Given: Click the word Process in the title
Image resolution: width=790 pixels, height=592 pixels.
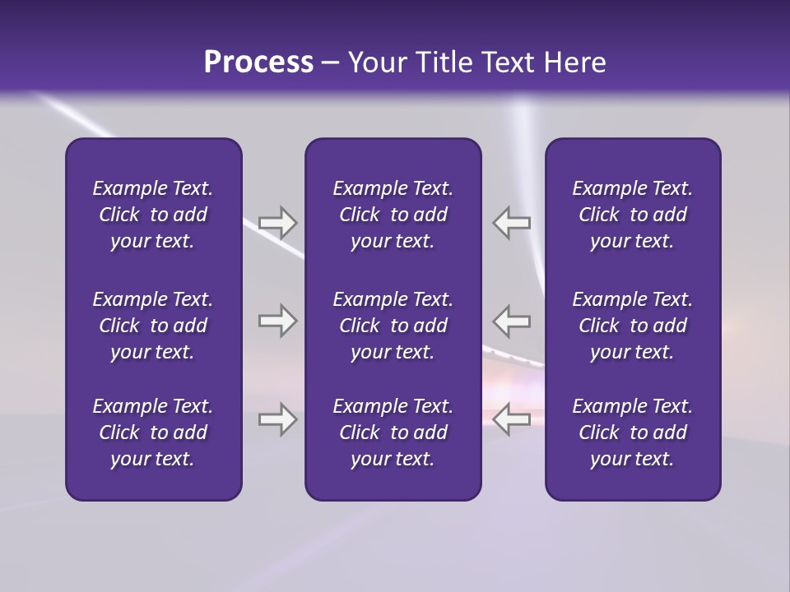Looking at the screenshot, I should (x=258, y=62).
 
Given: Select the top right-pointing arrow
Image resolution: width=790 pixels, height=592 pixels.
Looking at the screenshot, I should (x=278, y=223).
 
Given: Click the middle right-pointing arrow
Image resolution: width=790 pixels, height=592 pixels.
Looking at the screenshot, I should (x=278, y=321).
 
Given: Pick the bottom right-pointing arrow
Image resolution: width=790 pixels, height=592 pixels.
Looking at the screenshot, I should (x=278, y=420).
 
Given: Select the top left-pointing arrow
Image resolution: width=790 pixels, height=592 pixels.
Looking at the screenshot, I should (x=512, y=223).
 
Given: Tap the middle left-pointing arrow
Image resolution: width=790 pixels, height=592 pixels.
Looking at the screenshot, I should (x=512, y=321).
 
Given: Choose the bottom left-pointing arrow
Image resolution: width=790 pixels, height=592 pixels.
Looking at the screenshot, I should (x=512, y=420).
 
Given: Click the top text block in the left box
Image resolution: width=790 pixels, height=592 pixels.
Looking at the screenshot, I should (x=153, y=215).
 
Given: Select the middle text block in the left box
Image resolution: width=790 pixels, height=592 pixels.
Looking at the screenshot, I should (x=153, y=326).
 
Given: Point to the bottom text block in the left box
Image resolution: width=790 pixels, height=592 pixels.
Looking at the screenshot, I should (x=153, y=432).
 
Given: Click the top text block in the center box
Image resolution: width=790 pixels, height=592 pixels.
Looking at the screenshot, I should (x=393, y=215).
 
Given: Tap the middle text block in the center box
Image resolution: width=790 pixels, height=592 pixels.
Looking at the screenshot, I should (x=393, y=326).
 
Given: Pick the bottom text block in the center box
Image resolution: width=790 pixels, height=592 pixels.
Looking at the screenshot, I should (x=393, y=432).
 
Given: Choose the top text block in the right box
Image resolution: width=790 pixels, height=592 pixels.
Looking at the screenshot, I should (x=632, y=215).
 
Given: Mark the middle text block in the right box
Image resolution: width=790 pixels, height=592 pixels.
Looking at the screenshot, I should (x=632, y=326).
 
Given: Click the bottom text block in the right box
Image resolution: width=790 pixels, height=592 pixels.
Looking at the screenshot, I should (x=632, y=432).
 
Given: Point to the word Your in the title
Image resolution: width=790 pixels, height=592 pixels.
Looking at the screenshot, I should (x=377, y=62).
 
